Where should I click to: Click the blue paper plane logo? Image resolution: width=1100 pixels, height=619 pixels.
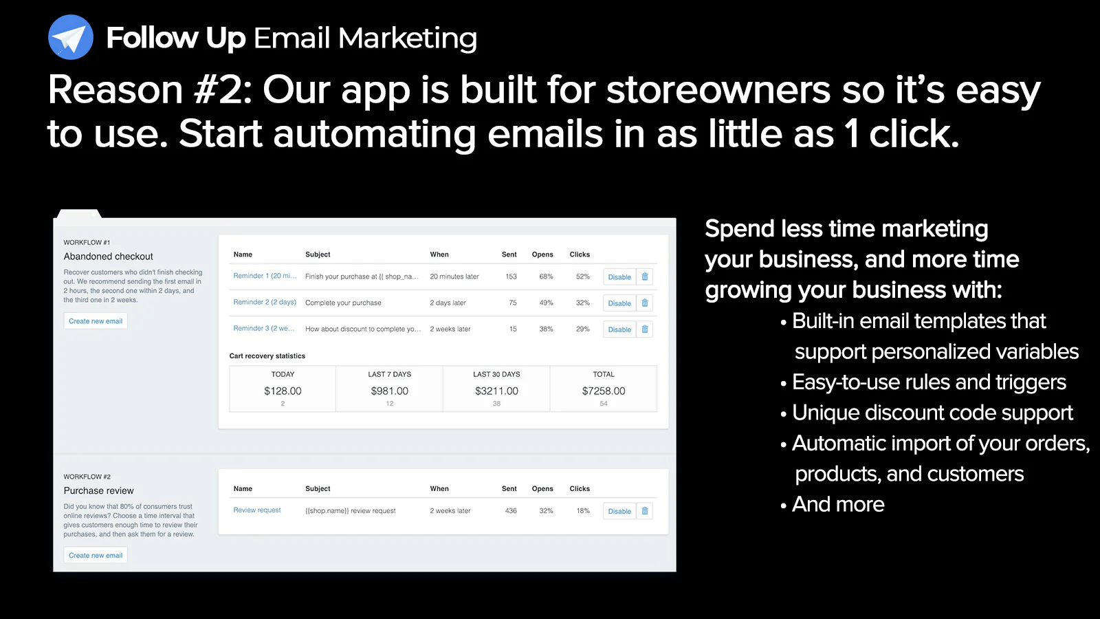(71, 37)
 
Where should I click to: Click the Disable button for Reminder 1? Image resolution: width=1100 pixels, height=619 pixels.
(619, 276)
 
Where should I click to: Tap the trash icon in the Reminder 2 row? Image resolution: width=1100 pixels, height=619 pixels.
(645, 303)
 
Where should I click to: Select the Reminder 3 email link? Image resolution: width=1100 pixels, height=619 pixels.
(264, 328)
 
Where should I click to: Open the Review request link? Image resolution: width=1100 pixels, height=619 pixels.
(257, 510)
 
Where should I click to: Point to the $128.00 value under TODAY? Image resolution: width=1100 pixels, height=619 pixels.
(283, 391)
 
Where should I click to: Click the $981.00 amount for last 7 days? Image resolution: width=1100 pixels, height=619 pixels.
(389, 391)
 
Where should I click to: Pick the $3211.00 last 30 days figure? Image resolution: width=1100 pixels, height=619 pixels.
(496, 391)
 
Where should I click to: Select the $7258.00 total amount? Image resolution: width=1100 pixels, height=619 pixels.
(604, 391)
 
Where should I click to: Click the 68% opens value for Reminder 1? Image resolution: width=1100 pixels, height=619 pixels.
(546, 276)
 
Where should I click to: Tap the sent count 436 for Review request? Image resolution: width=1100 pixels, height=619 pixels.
(511, 510)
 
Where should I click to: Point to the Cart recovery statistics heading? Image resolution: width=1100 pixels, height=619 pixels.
(267, 356)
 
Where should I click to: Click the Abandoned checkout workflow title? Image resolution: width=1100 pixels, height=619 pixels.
(108, 257)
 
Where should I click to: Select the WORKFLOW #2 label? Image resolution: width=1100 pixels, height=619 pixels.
(87, 477)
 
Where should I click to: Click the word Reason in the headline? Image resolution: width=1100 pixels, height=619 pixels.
(115, 90)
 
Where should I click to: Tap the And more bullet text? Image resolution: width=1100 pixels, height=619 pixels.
(838, 505)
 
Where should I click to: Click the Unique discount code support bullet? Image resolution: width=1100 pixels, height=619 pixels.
(932, 413)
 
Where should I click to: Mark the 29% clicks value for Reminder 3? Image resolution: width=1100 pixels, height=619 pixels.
(583, 329)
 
